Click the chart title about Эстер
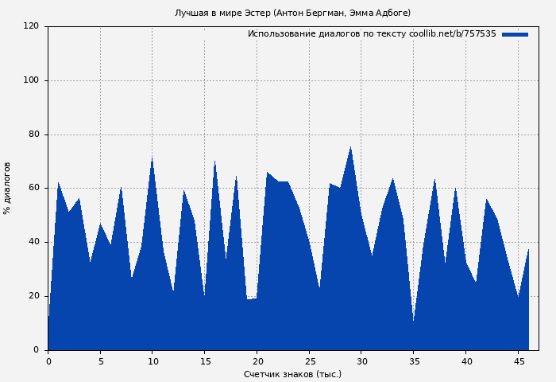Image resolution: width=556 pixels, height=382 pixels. point(292,13)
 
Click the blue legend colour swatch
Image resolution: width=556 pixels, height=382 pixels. point(515,34)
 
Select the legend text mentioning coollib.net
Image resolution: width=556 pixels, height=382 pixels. point(372,34)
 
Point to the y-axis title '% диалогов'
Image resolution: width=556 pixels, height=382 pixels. point(7,188)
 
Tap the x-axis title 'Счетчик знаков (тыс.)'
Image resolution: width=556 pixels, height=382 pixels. point(292,374)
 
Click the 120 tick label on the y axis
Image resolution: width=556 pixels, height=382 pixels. point(31,26)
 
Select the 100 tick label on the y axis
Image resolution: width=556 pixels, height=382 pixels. point(31,80)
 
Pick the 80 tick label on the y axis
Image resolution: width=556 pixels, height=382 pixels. point(33,134)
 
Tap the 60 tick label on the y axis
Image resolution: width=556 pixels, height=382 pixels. point(33,188)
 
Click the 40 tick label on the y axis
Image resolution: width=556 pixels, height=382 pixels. point(33,242)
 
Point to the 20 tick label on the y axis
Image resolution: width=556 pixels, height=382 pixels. point(33,296)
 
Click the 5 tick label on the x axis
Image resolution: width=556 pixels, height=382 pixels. point(100,361)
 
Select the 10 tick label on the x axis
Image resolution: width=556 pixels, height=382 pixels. point(153,361)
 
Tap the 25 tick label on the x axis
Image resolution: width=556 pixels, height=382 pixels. point(309,361)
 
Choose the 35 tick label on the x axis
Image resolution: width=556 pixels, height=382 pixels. point(413,361)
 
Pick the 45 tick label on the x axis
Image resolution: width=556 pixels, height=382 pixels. point(518,361)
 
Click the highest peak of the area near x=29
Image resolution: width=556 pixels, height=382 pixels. point(350,147)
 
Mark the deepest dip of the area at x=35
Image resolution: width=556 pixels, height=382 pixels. point(413,321)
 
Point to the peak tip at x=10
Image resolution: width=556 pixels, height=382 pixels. point(152,158)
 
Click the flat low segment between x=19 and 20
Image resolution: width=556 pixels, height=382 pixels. point(251,300)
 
